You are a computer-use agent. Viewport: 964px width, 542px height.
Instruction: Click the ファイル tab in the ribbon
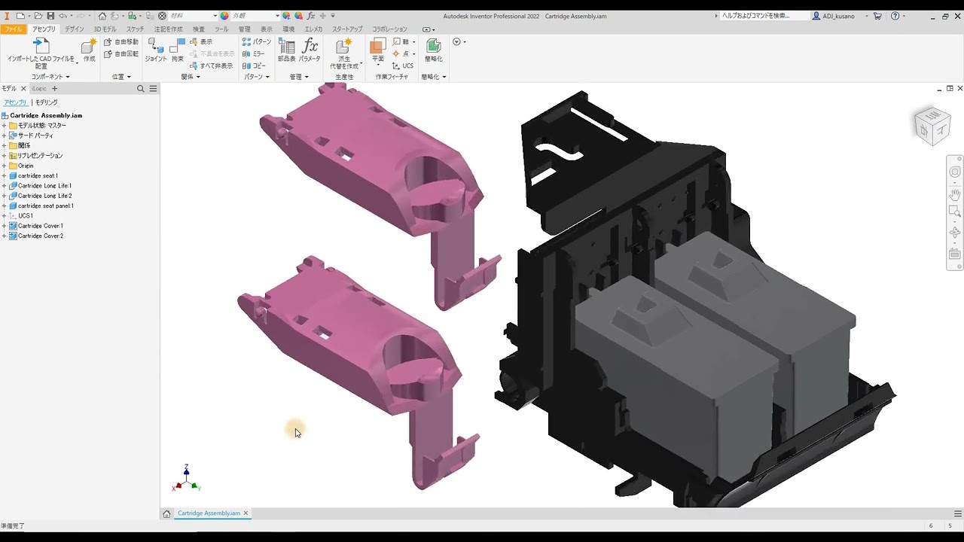coord(12,29)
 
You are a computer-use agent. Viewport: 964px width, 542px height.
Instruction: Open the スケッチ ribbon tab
coord(135,29)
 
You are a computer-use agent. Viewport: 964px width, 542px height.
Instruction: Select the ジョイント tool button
coord(155,50)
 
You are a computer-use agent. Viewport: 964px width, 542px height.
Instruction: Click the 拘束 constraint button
coord(178,50)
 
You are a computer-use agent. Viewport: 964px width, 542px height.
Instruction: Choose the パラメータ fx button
coord(310,50)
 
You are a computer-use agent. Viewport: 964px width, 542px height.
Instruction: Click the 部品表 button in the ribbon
coord(287,50)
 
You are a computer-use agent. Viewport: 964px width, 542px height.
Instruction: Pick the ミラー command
coord(254,54)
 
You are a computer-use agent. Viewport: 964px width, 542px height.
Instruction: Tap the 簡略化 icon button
coord(433,50)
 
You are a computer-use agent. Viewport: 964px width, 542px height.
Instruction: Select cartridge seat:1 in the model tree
coord(38,175)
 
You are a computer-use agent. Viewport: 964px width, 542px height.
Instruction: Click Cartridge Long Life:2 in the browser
coord(44,196)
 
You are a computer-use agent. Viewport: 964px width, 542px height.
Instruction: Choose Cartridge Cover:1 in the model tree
coord(41,226)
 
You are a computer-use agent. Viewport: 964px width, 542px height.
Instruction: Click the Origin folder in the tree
coord(26,166)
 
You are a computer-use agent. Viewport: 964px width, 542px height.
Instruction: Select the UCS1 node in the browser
coord(26,216)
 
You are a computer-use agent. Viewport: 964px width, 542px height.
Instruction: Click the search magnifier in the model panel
coord(140,89)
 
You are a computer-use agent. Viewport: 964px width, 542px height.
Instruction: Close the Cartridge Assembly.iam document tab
coord(246,513)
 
